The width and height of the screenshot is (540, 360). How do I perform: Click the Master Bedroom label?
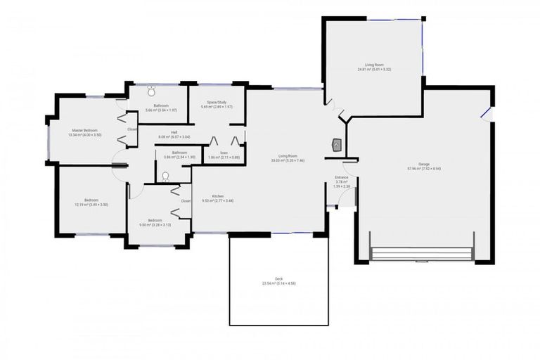[85, 130]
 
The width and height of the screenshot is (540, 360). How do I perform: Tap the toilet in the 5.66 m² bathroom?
[152, 90]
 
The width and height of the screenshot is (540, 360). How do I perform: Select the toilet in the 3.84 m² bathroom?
[165, 178]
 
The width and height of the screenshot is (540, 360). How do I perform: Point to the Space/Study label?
[217, 102]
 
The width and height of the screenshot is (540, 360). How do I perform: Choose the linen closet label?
[224, 153]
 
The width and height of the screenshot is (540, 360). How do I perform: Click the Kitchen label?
[218, 195]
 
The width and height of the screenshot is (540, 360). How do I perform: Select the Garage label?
[424, 164]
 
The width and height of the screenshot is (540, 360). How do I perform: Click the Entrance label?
[342, 177]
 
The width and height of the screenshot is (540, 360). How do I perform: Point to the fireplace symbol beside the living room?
[337, 145]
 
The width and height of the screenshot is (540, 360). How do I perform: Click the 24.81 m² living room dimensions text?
[374, 70]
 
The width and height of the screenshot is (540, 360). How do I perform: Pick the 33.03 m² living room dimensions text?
[288, 160]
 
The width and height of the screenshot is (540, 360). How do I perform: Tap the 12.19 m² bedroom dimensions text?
[91, 205]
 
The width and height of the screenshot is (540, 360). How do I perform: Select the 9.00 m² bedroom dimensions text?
[151, 225]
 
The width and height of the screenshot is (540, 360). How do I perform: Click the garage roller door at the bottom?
[422, 254]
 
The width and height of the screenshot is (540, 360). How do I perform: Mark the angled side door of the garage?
[486, 114]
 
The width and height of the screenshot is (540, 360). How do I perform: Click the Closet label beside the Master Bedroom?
[132, 129]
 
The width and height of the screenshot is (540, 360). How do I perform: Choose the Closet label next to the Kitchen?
[186, 200]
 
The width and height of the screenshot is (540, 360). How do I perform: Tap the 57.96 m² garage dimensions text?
[424, 169]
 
